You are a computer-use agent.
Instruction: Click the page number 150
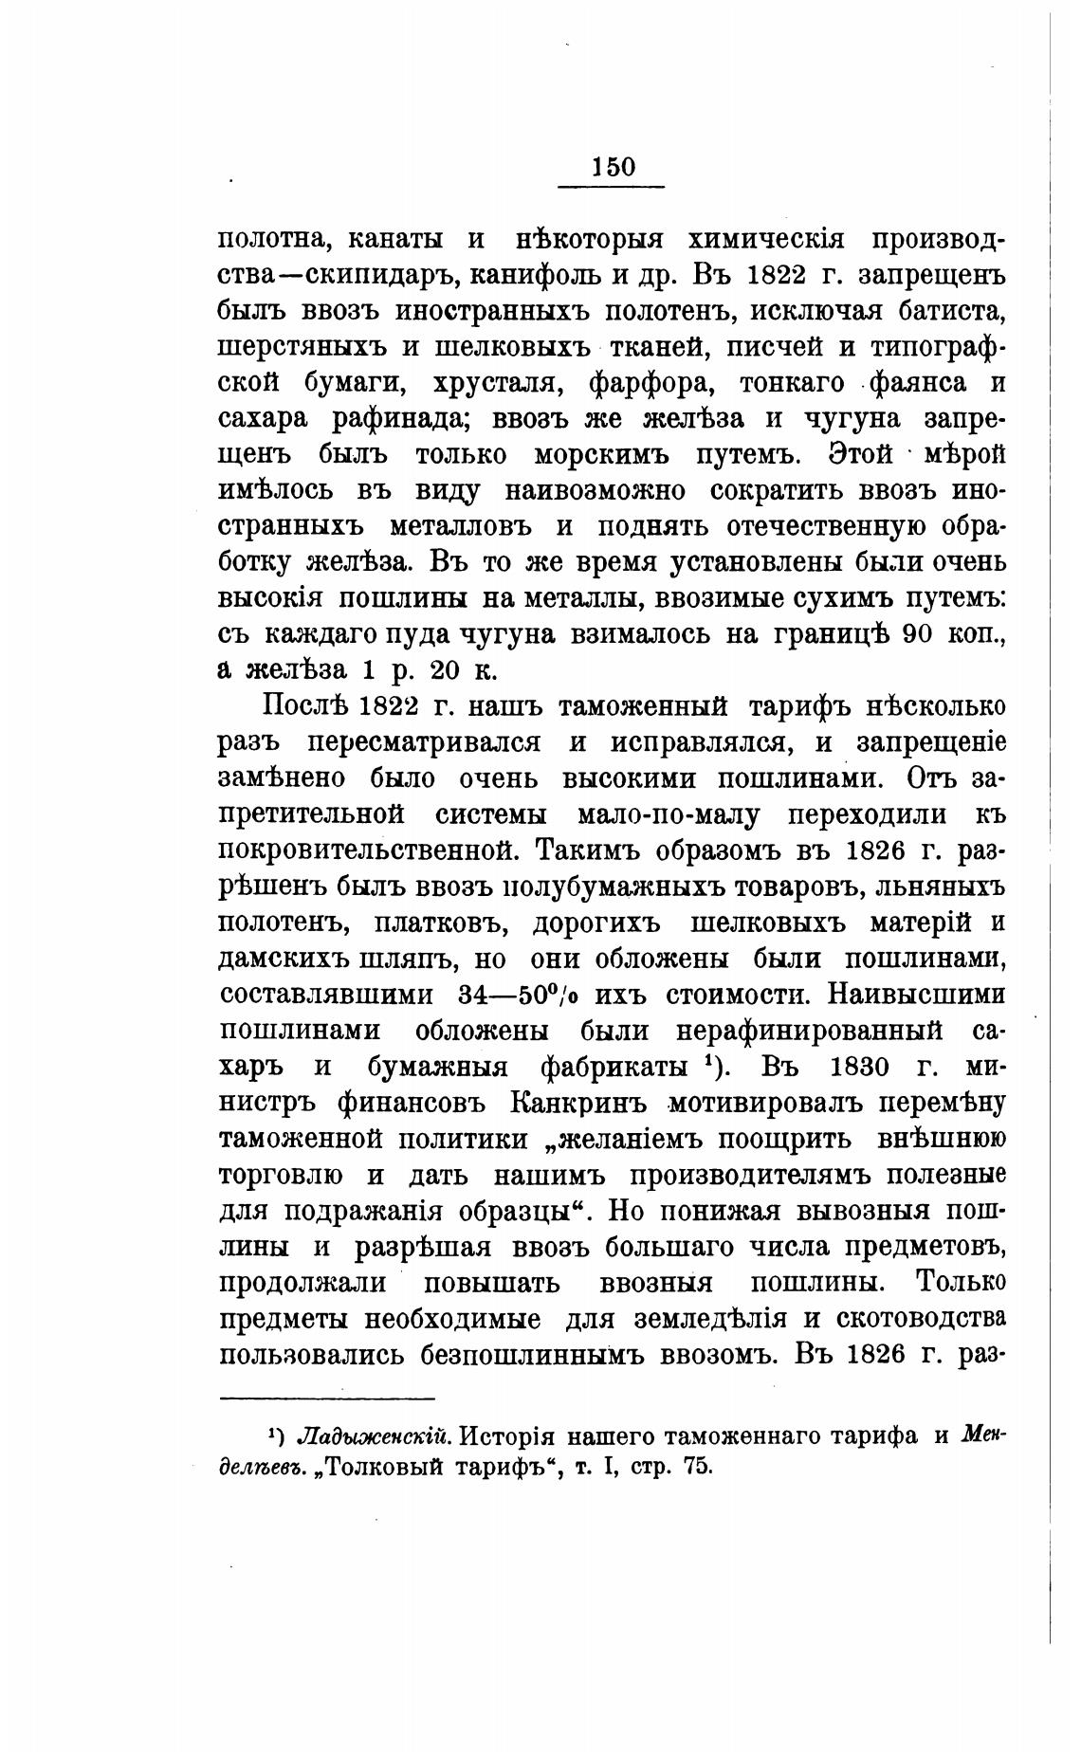613,167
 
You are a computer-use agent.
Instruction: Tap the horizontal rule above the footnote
326,1398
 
